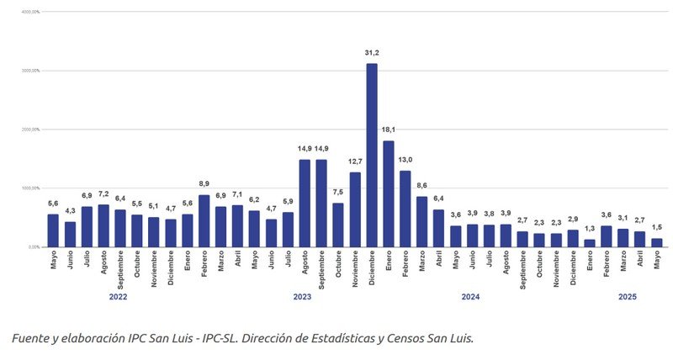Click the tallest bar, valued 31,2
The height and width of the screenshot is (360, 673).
[371, 156]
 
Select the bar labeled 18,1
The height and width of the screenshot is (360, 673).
[388, 194]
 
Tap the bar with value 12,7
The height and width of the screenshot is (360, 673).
[355, 209]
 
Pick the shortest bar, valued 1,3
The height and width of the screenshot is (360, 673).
[590, 243]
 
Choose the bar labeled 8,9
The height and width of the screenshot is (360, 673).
[204, 221]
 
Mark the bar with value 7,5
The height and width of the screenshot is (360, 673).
[338, 225]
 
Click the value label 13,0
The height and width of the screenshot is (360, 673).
[405, 160]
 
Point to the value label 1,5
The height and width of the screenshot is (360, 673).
[656, 227]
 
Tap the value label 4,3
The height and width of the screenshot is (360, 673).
[70, 210]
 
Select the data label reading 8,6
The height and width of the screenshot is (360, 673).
[421, 185]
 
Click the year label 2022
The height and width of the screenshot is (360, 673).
[118, 296]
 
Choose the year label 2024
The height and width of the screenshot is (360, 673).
[471, 296]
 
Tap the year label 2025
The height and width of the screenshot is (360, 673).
[628, 296]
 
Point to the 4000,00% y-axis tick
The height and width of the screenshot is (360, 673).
[31, 13]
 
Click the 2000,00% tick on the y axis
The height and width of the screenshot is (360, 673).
[31, 130]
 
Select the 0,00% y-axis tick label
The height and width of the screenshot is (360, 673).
[34, 247]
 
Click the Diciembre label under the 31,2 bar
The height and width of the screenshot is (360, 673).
[372, 270]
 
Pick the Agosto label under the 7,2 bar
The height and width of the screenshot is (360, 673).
[103, 267]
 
